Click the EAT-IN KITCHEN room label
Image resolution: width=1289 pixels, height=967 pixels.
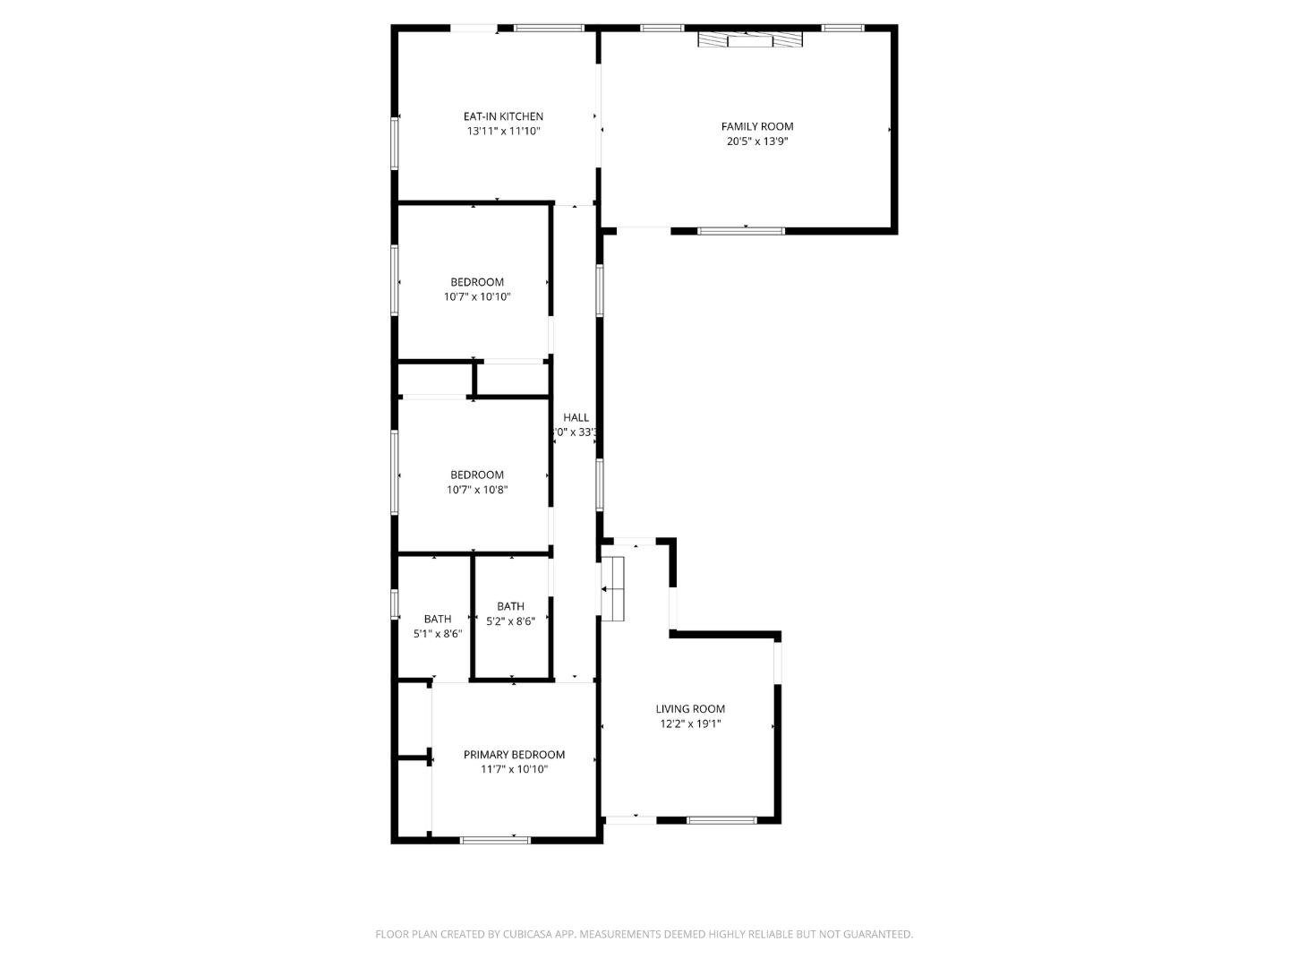[x=503, y=116]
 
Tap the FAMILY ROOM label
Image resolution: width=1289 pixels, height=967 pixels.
[x=757, y=126]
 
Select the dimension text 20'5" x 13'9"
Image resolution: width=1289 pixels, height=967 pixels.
[x=757, y=141]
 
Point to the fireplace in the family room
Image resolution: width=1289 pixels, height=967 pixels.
[x=750, y=39]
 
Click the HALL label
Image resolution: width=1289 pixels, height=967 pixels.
[x=576, y=417]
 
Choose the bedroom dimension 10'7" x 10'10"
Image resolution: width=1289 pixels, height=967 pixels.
[x=477, y=297]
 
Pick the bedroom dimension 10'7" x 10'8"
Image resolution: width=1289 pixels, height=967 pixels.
[x=477, y=490]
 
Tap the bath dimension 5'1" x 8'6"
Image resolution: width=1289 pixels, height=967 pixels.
[x=438, y=634]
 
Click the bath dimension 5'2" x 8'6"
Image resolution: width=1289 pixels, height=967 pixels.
[x=510, y=621]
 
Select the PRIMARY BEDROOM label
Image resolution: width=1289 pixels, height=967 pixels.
[x=514, y=755]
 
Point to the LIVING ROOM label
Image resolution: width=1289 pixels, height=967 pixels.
[x=690, y=709]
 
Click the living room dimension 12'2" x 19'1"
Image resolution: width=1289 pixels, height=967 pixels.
[x=690, y=724]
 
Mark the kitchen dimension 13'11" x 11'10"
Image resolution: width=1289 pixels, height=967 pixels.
[x=503, y=132]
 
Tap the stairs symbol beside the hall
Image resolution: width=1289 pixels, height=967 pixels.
[x=613, y=588]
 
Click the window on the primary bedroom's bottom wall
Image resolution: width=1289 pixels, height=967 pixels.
[x=495, y=840]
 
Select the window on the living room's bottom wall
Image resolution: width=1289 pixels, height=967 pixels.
[x=721, y=819]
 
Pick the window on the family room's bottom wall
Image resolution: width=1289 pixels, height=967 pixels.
[x=740, y=231]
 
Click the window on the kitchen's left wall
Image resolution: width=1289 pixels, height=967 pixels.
[x=394, y=143]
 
